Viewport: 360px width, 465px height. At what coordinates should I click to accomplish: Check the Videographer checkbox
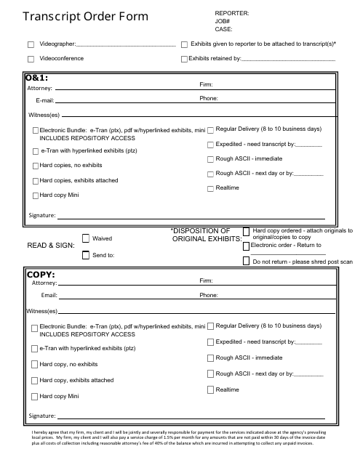click(x=31, y=44)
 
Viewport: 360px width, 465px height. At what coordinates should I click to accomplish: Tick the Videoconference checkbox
click(x=31, y=58)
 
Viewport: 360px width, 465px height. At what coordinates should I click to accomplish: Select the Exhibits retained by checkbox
click(x=184, y=58)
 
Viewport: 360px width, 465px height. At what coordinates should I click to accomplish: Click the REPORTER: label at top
click(x=232, y=13)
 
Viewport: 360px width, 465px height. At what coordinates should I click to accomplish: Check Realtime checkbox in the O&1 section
click(x=210, y=188)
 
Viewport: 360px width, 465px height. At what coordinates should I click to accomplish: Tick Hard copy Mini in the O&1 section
click(x=36, y=196)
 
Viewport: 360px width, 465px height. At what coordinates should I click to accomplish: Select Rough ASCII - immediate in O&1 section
click(x=210, y=158)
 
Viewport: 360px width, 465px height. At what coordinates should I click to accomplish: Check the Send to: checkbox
click(x=86, y=255)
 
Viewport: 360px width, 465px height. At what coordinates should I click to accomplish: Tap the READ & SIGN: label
click(x=50, y=246)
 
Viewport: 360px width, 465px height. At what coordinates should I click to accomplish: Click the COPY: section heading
click(x=41, y=275)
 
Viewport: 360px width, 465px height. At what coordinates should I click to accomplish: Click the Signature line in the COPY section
click(x=182, y=417)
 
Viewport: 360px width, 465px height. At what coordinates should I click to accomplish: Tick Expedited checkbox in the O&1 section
click(x=210, y=144)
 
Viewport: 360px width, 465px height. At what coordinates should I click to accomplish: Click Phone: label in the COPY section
click(x=208, y=296)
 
